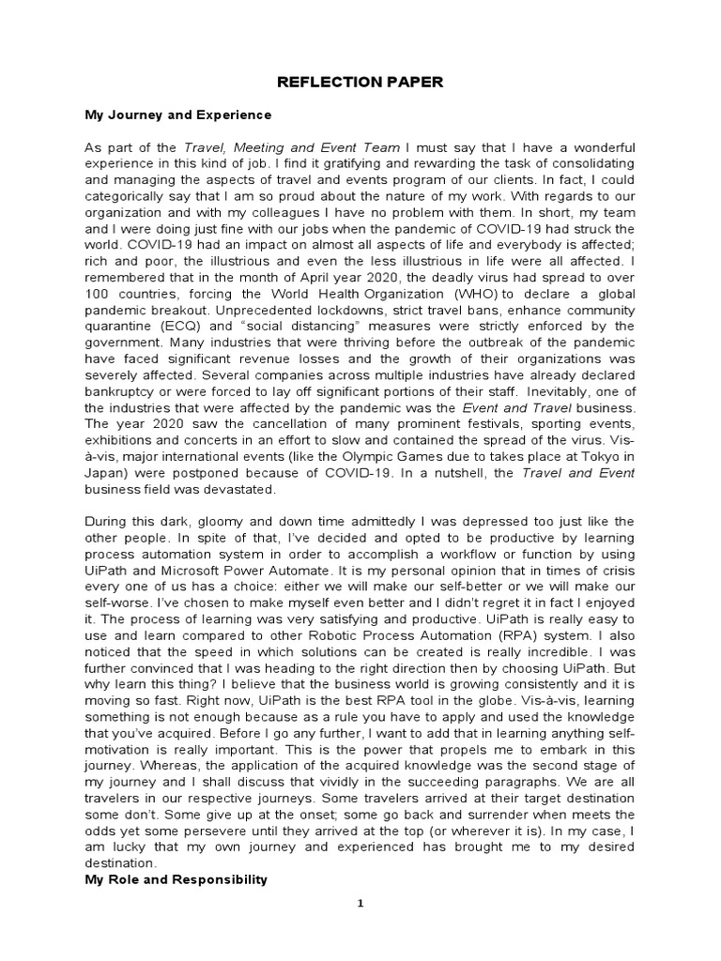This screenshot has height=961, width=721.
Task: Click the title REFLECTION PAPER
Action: point(360,83)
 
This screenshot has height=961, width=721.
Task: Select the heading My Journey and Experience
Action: point(177,115)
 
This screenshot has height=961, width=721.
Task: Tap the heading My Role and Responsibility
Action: point(176,879)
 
